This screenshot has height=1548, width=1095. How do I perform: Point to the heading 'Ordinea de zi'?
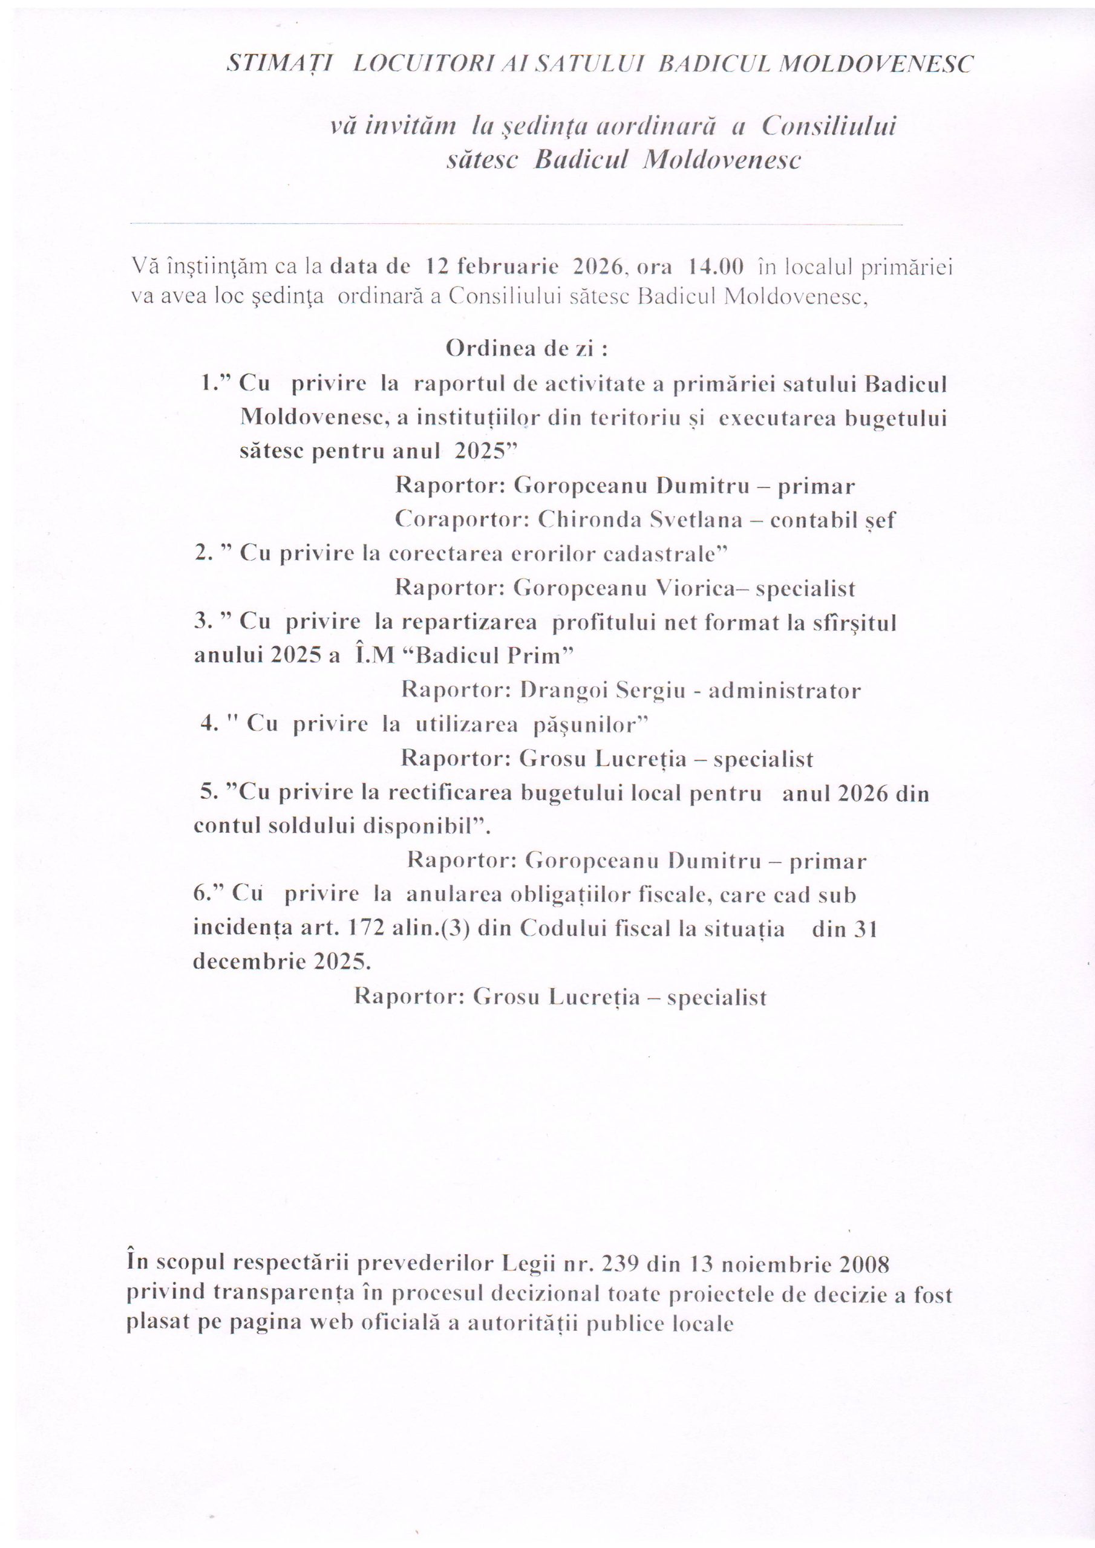coord(527,350)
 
